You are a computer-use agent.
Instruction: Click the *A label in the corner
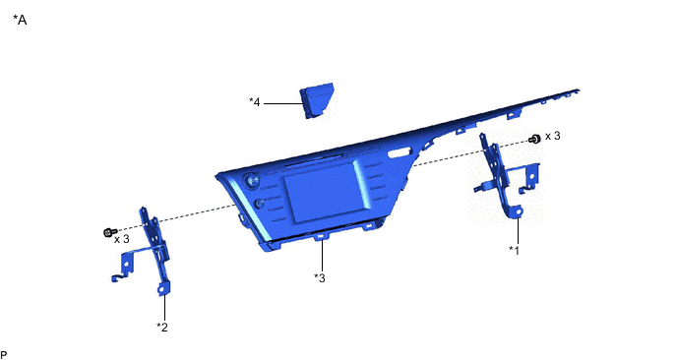(x=20, y=20)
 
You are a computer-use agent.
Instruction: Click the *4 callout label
(x=255, y=102)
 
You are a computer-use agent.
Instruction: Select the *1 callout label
(x=514, y=250)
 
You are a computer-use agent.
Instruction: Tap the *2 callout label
(x=162, y=328)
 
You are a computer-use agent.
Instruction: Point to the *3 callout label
(x=320, y=278)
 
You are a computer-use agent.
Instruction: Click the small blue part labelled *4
(x=317, y=100)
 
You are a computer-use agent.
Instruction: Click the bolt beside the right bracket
(x=534, y=139)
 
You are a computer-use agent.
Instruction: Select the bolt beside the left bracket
(x=110, y=232)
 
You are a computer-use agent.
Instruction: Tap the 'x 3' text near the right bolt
(x=553, y=136)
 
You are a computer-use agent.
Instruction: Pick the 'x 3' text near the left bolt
(x=122, y=239)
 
